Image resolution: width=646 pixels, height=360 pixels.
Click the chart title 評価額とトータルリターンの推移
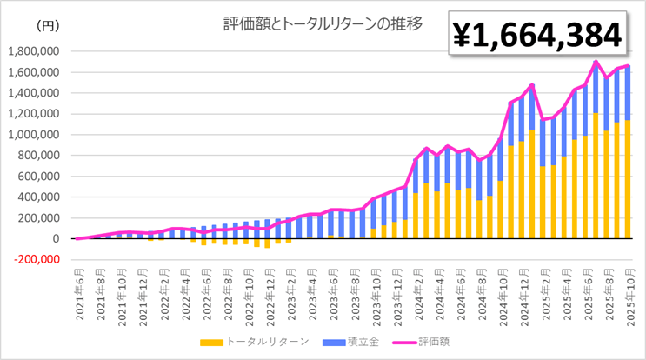(x=322, y=23)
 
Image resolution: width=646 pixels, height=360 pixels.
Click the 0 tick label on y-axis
(x=55, y=238)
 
